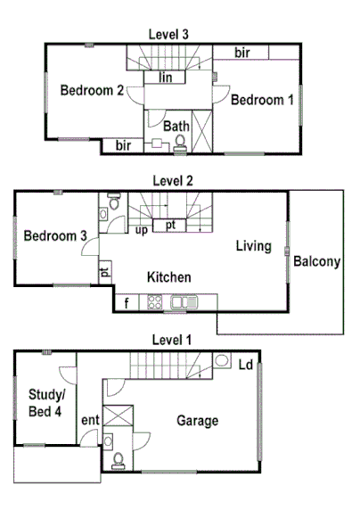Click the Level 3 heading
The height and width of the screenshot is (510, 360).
pyautogui.click(x=168, y=34)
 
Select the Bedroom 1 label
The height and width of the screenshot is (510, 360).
pyautogui.click(x=261, y=101)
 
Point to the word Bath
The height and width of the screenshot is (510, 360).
pyautogui.click(x=176, y=127)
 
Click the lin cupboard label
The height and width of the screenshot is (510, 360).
pyautogui.click(x=165, y=78)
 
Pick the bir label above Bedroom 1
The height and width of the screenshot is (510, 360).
pyautogui.click(x=241, y=53)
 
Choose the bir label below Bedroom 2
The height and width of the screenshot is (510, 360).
pyautogui.click(x=123, y=144)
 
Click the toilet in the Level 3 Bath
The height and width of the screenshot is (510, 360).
pyautogui.click(x=181, y=141)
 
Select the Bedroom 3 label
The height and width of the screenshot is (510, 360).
pyautogui.click(x=55, y=236)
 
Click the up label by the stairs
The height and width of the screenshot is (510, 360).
pyautogui.click(x=141, y=230)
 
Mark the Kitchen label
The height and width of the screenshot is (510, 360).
pyautogui.click(x=169, y=277)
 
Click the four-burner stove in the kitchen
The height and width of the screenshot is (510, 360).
pyautogui.click(x=154, y=303)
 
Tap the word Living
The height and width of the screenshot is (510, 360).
pyautogui.click(x=253, y=245)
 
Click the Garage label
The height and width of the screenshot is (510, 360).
pyautogui.click(x=197, y=421)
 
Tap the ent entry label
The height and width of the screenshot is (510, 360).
pyautogui.click(x=90, y=420)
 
